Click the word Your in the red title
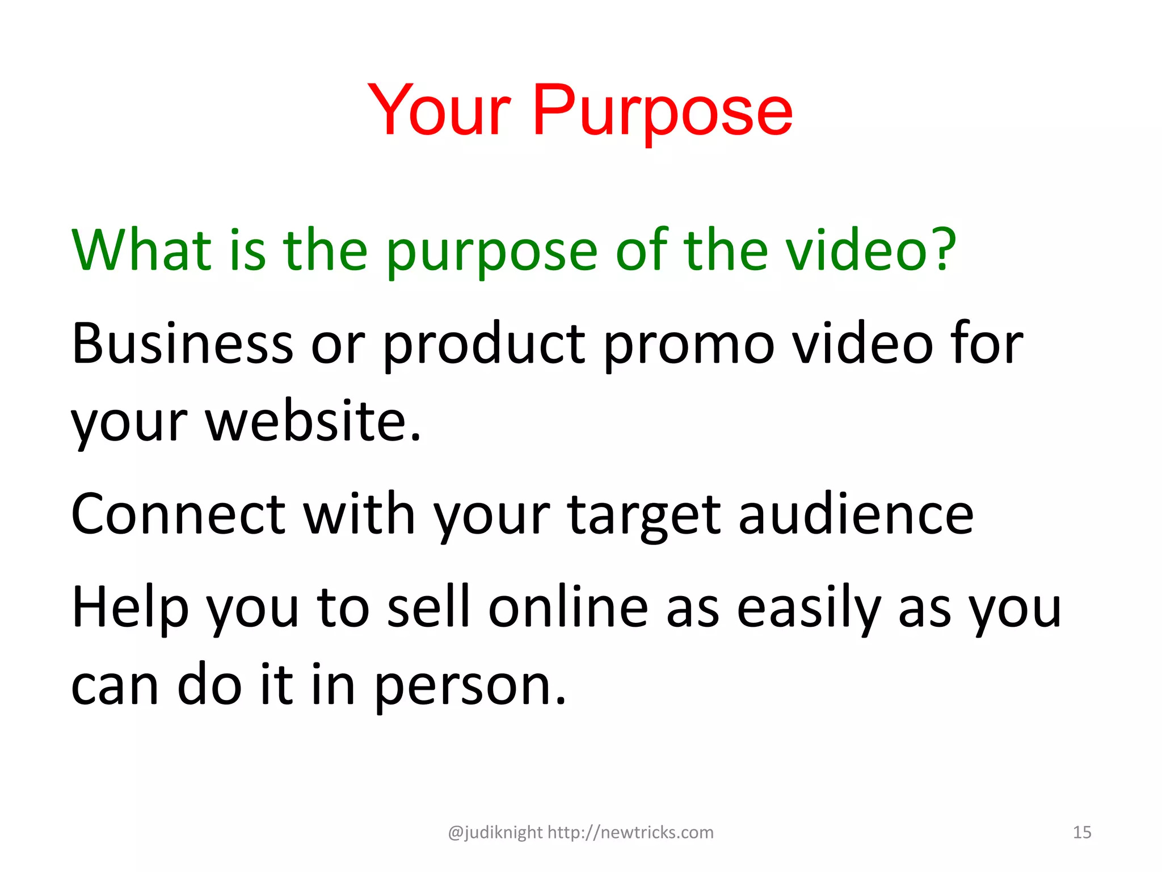[440, 111]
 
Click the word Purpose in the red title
[662, 111]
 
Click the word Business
[182, 343]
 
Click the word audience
[856, 514]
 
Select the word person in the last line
[470, 686]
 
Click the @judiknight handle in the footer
[495, 832]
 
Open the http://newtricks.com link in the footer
[630, 832]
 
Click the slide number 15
[1082, 832]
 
